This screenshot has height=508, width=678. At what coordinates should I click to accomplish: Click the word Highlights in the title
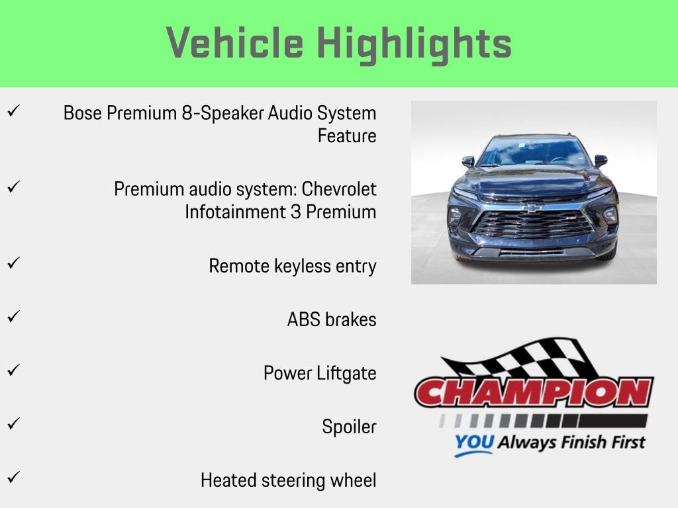click(414, 43)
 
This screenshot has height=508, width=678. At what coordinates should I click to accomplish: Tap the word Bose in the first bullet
click(83, 113)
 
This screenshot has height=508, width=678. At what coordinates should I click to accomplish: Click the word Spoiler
click(349, 427)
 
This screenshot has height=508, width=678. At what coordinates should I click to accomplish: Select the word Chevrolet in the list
click(339, 189)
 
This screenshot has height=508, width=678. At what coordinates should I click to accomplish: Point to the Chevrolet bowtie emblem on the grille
click(532, 206)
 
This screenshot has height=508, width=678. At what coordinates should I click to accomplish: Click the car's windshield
click(534, 151)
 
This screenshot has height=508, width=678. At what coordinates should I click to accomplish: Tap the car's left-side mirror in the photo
click(468, 161)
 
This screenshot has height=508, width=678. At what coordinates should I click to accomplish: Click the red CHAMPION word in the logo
click(534, 393)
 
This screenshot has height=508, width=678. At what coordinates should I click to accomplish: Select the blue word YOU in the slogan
click(473, 443)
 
